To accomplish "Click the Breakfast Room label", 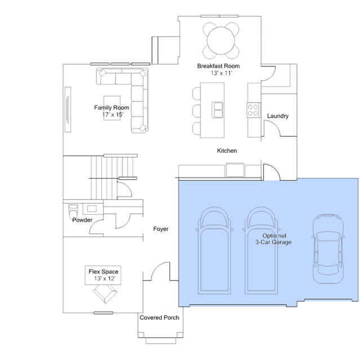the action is coord(219,66).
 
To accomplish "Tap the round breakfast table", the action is coord(221,41).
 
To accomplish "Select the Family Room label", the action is coord(112,108).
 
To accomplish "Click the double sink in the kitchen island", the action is coord(217,110).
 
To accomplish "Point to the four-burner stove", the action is coord(254,110).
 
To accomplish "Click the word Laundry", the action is coord(278,116).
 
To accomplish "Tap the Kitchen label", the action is coord(227,150).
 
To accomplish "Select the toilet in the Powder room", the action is coord(73,211).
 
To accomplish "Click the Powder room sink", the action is coord(92,208).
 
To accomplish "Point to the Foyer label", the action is coord(161,229).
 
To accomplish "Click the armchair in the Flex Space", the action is coord(105,294).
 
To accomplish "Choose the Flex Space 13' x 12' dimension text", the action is coord(105,278).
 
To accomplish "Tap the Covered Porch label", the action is coord(159,318).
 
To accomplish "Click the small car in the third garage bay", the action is coord(328,249).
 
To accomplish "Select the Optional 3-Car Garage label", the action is coord(274,239).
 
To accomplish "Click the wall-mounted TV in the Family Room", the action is coord(68,109).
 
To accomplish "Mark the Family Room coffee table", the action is coord(112,108).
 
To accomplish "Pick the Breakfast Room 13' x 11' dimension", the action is coord(221,73).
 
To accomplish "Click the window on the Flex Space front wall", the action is coord(103,313).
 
